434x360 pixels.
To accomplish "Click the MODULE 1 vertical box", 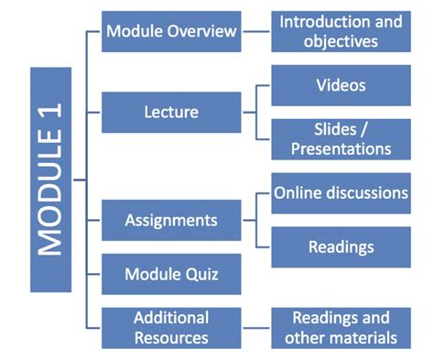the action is pyautogui.click(x=49, y=179).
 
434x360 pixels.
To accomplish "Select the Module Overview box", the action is pyautogui.click(x=171, y=32).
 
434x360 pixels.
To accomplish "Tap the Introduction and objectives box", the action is pyautogui.click(x=341, y=32).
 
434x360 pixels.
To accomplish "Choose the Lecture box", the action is pyautogui.click(x=171, y=113).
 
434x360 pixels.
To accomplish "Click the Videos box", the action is pyautogui.click(x=341, y=86).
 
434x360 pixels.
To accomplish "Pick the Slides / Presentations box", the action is pyautogui.click(x=341, y=138).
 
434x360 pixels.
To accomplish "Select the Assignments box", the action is pyautogui.click(x=171, y=221).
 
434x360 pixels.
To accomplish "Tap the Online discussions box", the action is pyautogui.click(x=341, y=193).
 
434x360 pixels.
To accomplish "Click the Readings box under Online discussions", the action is pyautogui.click(x=341, y=246).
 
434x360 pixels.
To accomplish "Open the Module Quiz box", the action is pyautogui.click(x=171, y=274).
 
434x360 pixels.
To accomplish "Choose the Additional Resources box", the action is pyautogui.click(x=171, y=327).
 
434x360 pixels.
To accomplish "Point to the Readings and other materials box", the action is pyautogui.click(x=341, y=327).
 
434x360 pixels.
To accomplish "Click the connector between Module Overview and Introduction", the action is pyautogui.click(x=256, y=32).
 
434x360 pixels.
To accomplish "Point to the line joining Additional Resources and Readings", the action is pyautogui.click(x=256, y=327).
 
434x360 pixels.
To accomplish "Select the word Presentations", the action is pyautogui.click(x=341, y=148).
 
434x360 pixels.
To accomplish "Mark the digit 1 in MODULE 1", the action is pyautogui.click(x=49, y=125).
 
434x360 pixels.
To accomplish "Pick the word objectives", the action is pyautogui.click(x=341, y=42).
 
